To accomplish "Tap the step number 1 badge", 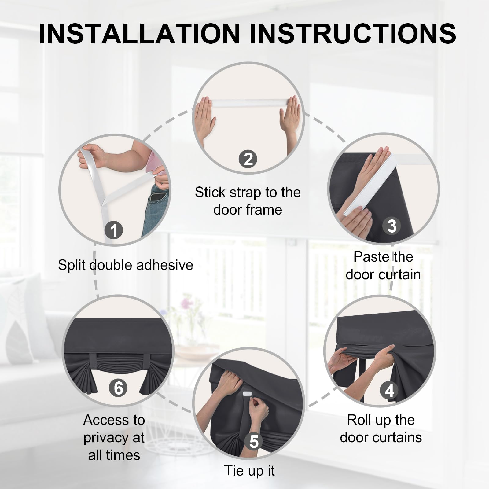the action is (x=114, y=230).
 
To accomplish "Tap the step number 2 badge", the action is (x=248, y=159).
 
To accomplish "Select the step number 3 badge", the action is (x=392, y=226).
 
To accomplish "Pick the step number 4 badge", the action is (x=389, y=391).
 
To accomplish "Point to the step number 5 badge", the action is (x=254, y=442).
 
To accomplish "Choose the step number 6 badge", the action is (x=118, y=388).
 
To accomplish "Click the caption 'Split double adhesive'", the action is (x=126, y=265).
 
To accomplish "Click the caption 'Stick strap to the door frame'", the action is (x=248, y=201).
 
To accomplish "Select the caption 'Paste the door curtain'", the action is (x=383, y=266).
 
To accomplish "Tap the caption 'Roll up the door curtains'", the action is (x=381, y=429).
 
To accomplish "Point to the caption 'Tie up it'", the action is (x=249, y=470).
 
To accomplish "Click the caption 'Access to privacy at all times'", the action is (x=114, y=437).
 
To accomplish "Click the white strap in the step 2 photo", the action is (x=248, y=103).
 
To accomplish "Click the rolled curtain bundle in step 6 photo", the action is (x=118, y=365).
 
